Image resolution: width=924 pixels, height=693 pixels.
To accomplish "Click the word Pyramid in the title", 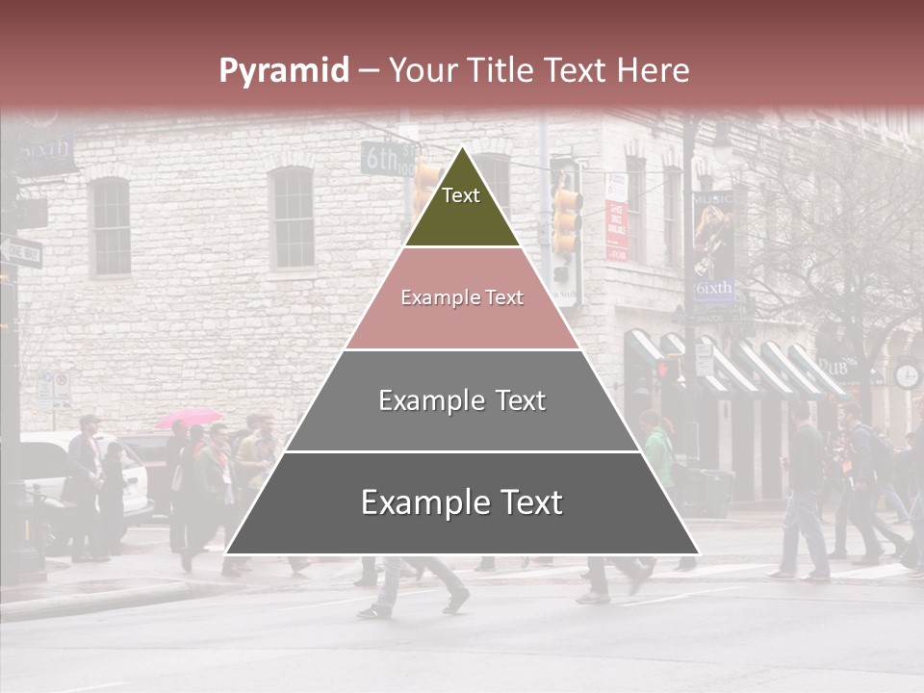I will [283, 71].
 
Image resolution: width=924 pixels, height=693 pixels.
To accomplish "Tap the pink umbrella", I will [189, 418].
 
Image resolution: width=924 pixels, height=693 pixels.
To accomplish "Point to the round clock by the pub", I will [907, 375].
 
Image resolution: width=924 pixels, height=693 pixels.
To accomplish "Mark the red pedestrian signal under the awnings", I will [663, 369].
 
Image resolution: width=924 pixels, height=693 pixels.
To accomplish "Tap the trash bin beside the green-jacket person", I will [713, 490].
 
